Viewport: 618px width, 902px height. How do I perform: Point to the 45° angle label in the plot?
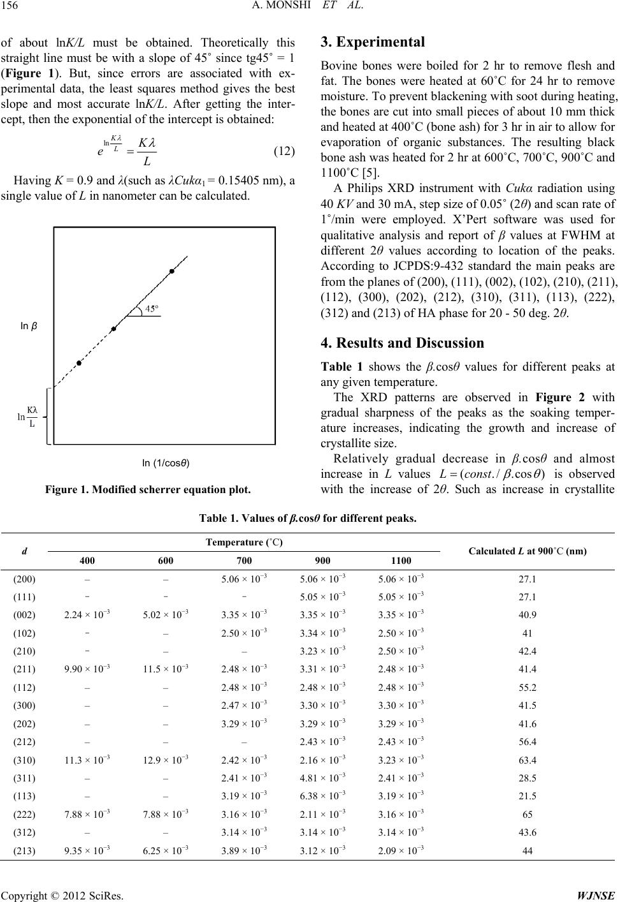click(151, 309)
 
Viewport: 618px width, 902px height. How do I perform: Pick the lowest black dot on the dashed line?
click(79, 363)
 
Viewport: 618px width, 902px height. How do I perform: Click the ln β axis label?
click(29, 326)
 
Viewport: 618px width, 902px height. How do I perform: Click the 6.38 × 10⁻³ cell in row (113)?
click(322, 796)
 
